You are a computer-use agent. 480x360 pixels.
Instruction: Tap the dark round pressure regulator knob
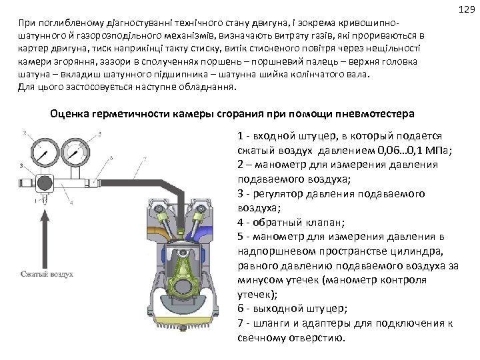pyautogui.click(x=45, y=183)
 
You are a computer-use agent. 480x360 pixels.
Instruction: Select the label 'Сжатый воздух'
pyautogui.click(x=47, y=273)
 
